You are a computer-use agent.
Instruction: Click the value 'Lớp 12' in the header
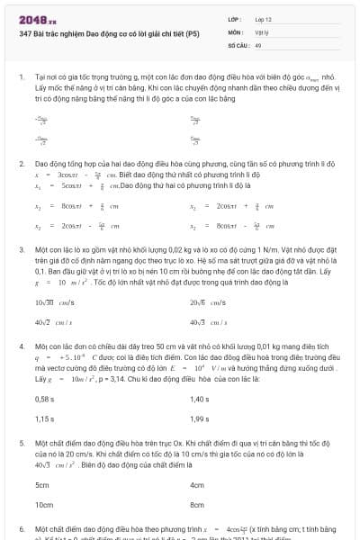264,18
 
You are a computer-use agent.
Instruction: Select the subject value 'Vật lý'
263,31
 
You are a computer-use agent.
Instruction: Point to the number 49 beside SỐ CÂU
259,43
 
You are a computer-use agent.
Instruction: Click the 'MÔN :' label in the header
235,31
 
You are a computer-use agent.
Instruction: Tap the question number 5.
20,444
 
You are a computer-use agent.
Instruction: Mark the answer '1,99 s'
200,418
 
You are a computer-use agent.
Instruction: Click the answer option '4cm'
197,484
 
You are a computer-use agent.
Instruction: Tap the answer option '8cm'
197,506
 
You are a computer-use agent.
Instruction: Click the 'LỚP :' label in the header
235,18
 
